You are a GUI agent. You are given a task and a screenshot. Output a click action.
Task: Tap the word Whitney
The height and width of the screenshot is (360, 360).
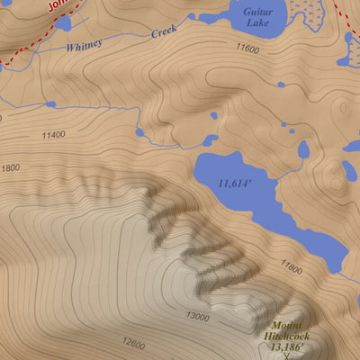pyautogui.click(x=83, y=44)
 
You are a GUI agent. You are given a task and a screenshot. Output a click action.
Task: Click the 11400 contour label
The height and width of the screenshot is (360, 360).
pyautogui.click(x=53, y=135)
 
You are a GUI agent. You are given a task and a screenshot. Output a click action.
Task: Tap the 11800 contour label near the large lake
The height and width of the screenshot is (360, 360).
pyautogui.click(x=291, y=266)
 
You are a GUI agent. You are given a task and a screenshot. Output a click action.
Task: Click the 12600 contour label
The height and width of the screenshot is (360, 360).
pyautogui.click(x=131, y=344)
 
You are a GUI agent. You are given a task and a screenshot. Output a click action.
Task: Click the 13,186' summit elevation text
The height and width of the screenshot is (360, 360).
pyautogui.click(x=286, y=346)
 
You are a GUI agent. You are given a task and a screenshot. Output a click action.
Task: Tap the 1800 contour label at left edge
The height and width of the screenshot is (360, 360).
pyautogui.click(x=10, y=167)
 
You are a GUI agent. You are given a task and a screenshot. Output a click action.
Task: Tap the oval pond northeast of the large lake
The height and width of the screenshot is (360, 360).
pyautogui.click(x=303, y=148)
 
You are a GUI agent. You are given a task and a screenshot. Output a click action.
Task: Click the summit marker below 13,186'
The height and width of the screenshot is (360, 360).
pyautogui.click(x=286, y=356)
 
